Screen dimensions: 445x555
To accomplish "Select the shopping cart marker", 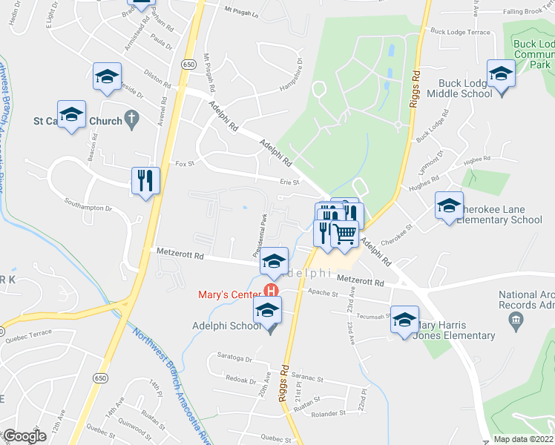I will [x=344, y=234].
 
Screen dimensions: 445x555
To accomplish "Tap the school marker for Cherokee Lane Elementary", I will [x=449, y=207].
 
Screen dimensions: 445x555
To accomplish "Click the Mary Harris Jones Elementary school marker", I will [x=405, y=320].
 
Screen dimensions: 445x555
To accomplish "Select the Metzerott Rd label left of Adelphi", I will [x=180, y=254].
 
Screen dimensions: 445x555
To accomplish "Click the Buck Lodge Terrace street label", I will [x=460, y=33].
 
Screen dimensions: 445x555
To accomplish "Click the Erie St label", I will [x=289, y=182].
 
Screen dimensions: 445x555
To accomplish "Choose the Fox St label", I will [x=184, y=163].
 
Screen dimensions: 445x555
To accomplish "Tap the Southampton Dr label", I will [x=88, y=208].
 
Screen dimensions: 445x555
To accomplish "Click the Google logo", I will [x=24, y=436].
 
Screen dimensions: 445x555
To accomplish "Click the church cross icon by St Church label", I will [x=131, y=117].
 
